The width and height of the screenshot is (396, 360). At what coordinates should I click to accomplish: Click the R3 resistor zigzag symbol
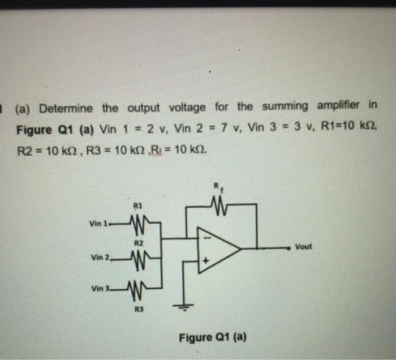coord(137,292)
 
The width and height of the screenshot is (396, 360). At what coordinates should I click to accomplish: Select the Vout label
coord(303,247)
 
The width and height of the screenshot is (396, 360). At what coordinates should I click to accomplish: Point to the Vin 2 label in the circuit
coord(100,258)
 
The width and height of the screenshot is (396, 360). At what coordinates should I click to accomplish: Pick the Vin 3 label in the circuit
coord(99,290)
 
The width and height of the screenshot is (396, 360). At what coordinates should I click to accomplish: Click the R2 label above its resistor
coord(137,243)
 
